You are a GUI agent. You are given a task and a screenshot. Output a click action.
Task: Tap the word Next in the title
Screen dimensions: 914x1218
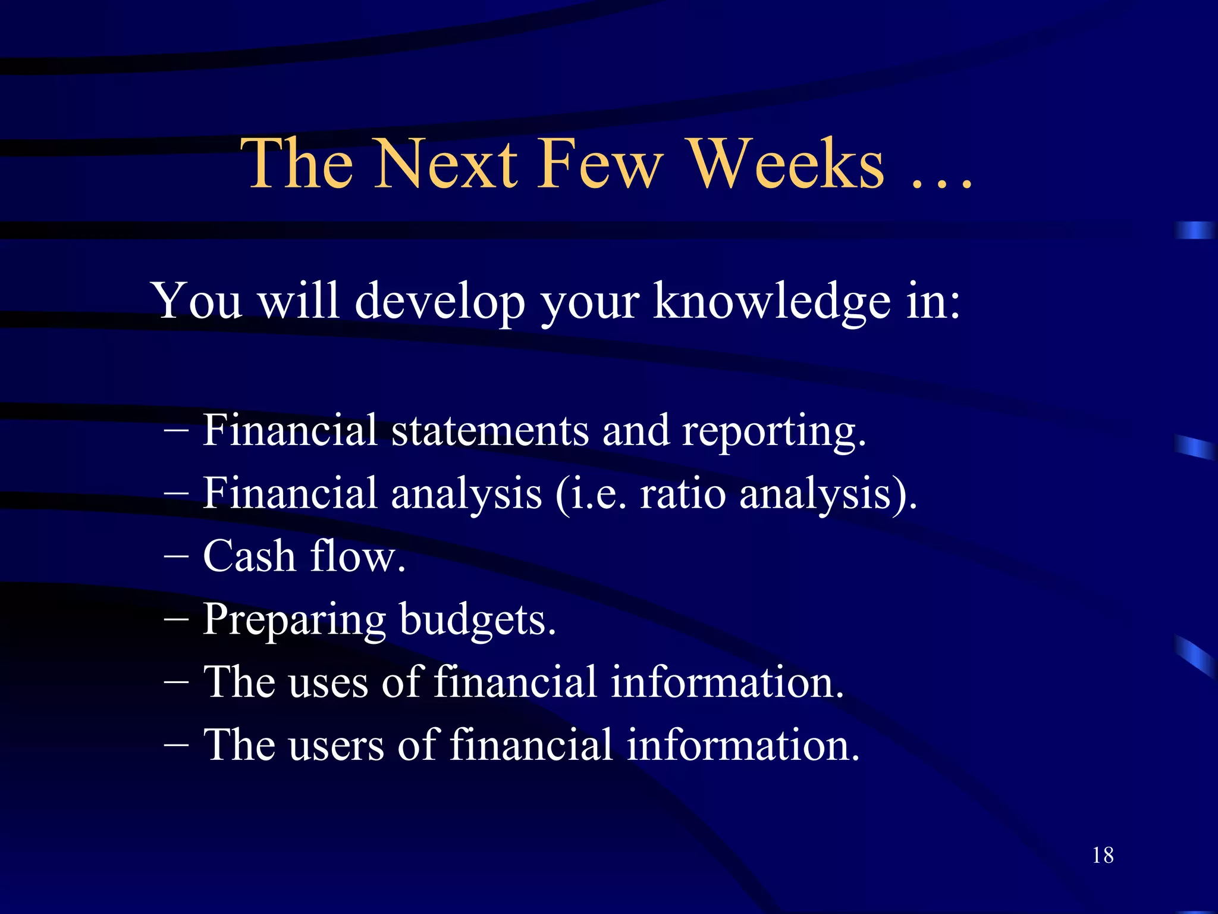point(446,164)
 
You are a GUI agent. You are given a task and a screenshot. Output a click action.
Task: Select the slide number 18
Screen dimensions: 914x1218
point(1103,855)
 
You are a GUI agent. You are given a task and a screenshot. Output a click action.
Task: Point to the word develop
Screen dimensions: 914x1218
point(440,301)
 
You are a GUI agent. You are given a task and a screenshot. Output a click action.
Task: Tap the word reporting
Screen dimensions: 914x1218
point(773,431)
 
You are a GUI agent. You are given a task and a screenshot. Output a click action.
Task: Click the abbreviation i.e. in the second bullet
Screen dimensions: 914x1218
point(597,493)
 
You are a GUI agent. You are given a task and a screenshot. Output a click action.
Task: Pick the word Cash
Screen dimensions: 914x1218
point(249,556)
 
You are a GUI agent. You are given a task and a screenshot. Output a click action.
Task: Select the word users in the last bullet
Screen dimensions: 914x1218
point(335,745)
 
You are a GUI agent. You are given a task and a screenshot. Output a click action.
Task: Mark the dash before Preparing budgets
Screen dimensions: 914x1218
point(176,620)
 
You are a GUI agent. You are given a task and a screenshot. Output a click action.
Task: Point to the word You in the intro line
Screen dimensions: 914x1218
point(197,301)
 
